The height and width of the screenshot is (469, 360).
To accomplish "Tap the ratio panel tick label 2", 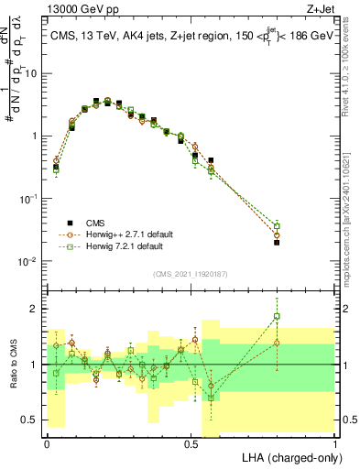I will [x=38, y=309].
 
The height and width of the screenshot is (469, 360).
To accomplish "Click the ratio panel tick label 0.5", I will [x=33, y=420].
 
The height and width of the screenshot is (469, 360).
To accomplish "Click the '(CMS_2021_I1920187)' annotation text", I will [x=191, y=272].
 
